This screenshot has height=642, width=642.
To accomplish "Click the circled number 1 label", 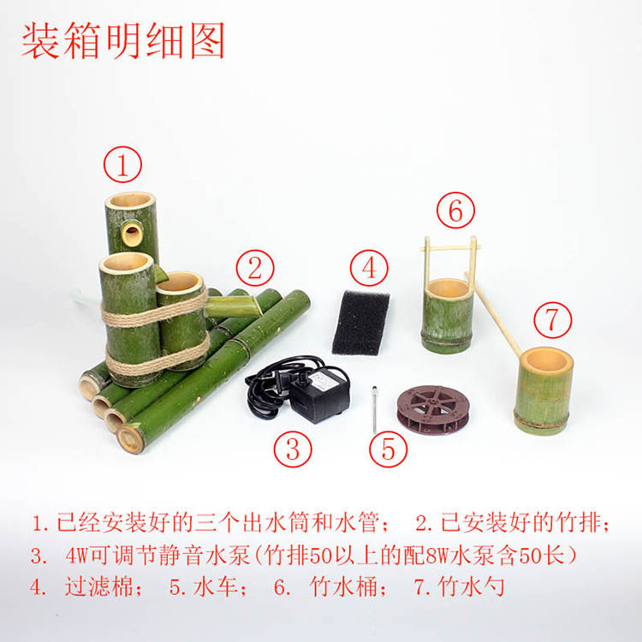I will click(x=122, y=165).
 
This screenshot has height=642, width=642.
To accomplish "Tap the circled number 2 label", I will click(x=254, y=269).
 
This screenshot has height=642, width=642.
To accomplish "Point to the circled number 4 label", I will click(x=369, y=269).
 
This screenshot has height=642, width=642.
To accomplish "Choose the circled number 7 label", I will click(x=552, y=320).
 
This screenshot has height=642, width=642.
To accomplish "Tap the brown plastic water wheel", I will click(x=433, y=409).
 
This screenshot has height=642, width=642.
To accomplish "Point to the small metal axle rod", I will click(x=375, y=409).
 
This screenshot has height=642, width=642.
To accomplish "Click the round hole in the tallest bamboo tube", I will click(x=132, y=231).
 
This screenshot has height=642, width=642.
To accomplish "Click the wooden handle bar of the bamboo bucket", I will click(x=450, y=247).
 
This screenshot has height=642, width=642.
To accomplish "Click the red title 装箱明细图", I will click(x=122, y=41).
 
